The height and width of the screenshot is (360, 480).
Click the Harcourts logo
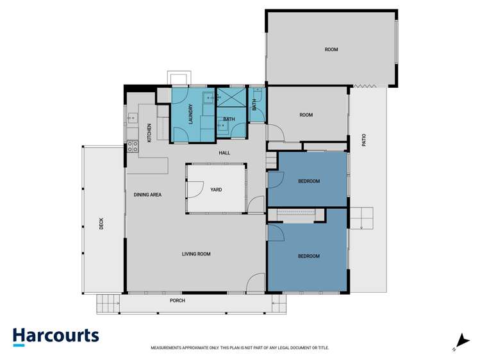tap(56, 336)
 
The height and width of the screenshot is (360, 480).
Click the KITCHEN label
tap(149, 132)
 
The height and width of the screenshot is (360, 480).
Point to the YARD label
tap(216, 190)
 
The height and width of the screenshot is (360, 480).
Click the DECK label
tap(101, 224)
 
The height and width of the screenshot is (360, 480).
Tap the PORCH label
tap(178, 300)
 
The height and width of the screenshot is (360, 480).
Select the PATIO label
tap(364, 140)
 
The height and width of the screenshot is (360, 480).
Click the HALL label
tap(224, 152)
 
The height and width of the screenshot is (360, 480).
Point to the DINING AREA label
tap(147, 194)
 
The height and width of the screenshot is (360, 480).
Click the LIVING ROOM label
tap(196, 254)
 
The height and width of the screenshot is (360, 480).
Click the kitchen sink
tap(132, 118)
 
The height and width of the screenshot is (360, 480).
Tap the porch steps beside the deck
tap(108, 304)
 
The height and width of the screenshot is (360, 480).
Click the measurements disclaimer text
tap(240, 348)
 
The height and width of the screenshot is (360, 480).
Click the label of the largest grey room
tap(331, 49)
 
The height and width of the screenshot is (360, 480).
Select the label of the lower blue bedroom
tap(308, 256)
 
